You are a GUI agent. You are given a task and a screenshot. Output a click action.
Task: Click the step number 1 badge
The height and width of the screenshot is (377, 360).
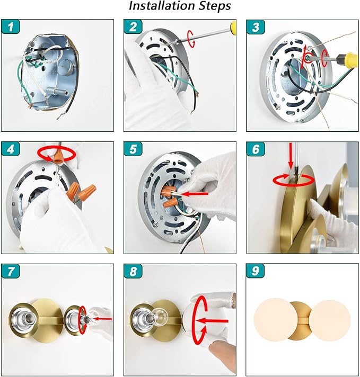pyautogui.click(x=11, y=27)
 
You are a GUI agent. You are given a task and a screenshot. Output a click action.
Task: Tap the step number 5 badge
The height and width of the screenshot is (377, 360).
pyautogui.click(x=133, y=149)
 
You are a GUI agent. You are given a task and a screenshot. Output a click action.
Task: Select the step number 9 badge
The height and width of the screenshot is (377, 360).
pyautogui.click(x=255, y=271)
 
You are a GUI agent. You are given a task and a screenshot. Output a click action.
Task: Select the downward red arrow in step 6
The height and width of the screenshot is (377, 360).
pyautogui.click(x=291, y=156)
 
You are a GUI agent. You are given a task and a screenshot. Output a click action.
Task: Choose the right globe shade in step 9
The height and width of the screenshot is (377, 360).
pyautogui.click(x=329, y=320)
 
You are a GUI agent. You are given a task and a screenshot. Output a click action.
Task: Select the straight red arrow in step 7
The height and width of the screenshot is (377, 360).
pyautogui.click(x=102, y=319)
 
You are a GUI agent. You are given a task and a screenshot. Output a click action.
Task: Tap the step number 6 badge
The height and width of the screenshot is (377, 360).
pyautogui.click(x=255, y=149)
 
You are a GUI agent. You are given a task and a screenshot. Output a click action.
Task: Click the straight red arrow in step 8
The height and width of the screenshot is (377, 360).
pyautogui.click(x=212, y=321)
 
